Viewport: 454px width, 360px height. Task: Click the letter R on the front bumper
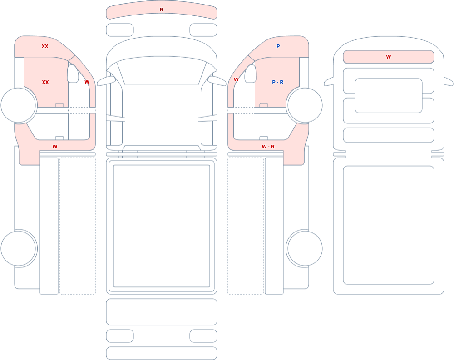[x=162, y=10]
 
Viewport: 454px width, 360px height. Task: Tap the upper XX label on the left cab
[x=45, y=46]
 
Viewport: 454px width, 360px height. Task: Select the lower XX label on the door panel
[x=45, y=82]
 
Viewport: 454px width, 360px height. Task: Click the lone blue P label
[x=278, y=46]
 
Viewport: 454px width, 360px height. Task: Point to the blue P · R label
[x=278, y=82]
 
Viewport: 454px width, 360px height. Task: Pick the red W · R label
[x=268, y=147]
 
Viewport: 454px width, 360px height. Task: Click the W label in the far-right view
[x=389, y=57]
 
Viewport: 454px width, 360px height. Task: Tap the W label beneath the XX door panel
[x=55, y=147]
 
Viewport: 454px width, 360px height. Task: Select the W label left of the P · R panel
[x=236, y=79]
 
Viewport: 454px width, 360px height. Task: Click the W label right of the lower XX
[x=87, y=82]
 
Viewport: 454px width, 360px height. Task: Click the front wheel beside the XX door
[x=19, y=105]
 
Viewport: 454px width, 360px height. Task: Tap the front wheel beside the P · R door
[x=304, y=105]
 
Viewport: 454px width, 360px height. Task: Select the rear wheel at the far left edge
[x=19, y=248]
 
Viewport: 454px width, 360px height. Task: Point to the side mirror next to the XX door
[x=73, y=74]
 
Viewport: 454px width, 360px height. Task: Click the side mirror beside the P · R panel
[x=251, y=74]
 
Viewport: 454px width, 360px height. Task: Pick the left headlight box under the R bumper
[x=120, y=30]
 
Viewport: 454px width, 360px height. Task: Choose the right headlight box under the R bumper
[x=203, y=30]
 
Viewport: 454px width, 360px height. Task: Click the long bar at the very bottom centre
[x=162, y=353]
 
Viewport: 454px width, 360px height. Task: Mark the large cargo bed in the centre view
[x=162, y=226]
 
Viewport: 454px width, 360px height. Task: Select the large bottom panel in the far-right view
[x=389, y=225]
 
